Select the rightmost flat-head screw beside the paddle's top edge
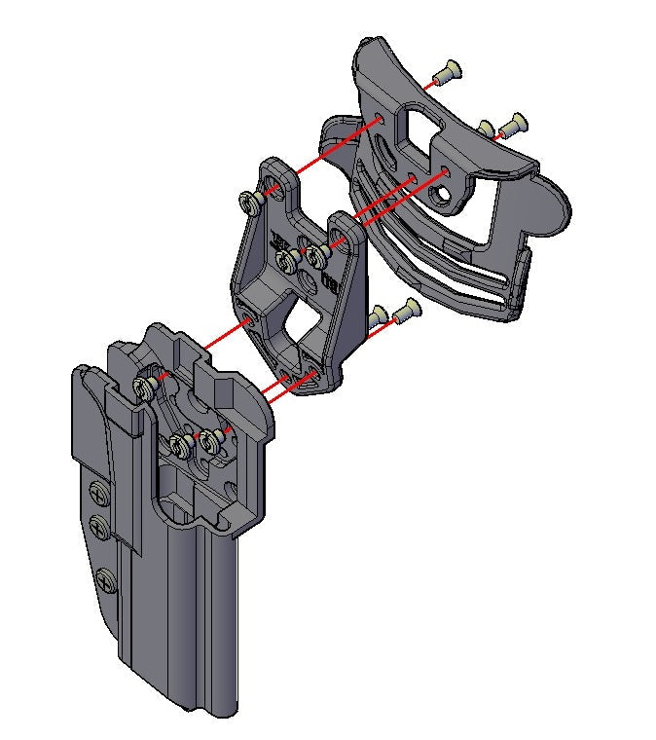pos(513,124)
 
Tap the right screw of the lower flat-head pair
pos(405,312)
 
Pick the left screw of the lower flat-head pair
pos(379,314)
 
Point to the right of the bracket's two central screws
pos(316,256)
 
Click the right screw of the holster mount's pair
pos(208,443)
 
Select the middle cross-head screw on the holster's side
pos(98,528)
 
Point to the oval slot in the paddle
pos(386,156)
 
